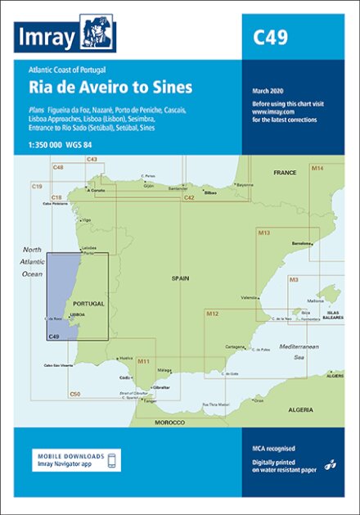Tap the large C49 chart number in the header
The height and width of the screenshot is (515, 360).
[269, 37]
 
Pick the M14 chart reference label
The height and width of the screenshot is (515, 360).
[317, 144]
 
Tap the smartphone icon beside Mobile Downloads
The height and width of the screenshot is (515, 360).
[113, 459]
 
